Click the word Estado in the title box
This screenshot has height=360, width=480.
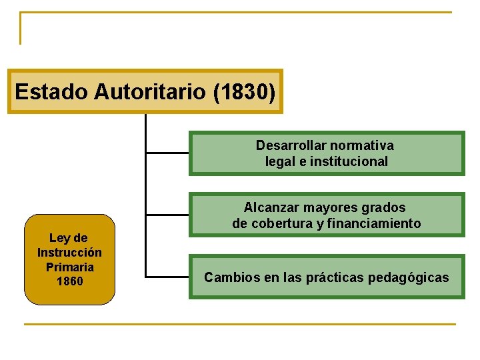click(51, 91)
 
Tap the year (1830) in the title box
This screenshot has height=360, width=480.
click(244, 91)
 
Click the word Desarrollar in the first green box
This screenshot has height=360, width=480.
click(289, 145)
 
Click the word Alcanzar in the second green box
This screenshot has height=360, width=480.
click(269, 207)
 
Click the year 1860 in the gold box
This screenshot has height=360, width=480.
click(69, 281)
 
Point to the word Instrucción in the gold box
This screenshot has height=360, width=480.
click(69, 253)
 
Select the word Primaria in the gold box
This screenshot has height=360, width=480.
click(69, 267)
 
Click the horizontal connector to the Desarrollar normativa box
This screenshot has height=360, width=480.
click(167, 153)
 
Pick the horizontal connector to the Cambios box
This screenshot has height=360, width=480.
click(167, 277)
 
